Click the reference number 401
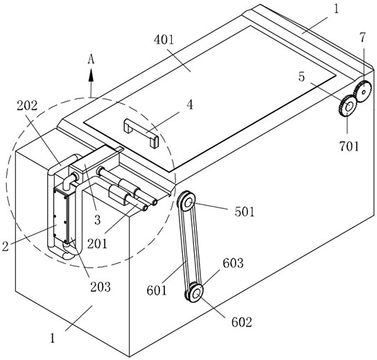(164, 40)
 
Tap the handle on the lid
(141, 133)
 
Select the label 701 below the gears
(349, 146)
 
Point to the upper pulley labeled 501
(187, 201)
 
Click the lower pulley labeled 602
(196, 293)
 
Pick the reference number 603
(233, 263)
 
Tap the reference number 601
(157, 290)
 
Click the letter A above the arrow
(91, 59)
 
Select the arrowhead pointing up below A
(91, 75)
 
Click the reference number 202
(27, 106)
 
